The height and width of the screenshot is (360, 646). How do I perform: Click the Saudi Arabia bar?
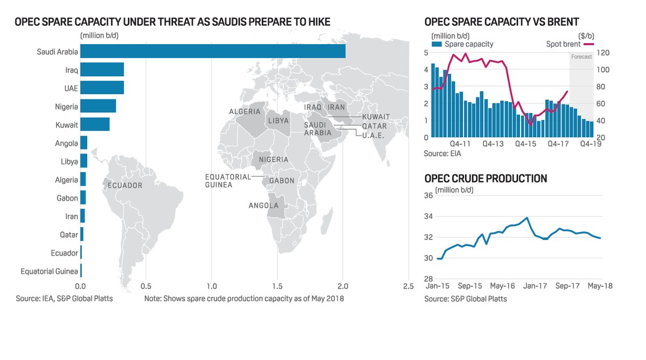(x=213, y=51)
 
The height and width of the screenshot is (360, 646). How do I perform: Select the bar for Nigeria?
(x=98, y=106)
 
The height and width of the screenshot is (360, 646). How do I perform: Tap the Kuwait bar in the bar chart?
(x=95, y=125)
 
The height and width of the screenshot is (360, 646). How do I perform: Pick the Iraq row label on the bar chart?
(x=71, y=70)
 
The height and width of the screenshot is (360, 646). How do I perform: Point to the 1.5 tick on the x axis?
(x=277, y=286)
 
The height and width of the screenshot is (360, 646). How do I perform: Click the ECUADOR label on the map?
(x=124, y=186)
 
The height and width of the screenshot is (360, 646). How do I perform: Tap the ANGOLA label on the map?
(x=263, y=206)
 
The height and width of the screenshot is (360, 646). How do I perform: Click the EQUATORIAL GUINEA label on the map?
(x=228, y=181)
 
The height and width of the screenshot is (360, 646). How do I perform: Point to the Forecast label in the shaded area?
(x=581, y=57)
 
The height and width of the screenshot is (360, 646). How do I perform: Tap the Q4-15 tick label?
(x=525, y=144)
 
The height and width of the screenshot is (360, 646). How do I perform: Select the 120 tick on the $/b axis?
(x=602, y=53)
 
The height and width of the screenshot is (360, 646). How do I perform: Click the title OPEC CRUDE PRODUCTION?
(x=486, y=178)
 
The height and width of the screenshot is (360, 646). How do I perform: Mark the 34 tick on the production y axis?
(x=430, y=216)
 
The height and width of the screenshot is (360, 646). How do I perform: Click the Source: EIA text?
(x=442, y=153)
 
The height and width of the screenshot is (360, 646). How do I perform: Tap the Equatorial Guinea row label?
(x=49, y=272)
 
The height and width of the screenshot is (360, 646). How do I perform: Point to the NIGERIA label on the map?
(x=273, y=160)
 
